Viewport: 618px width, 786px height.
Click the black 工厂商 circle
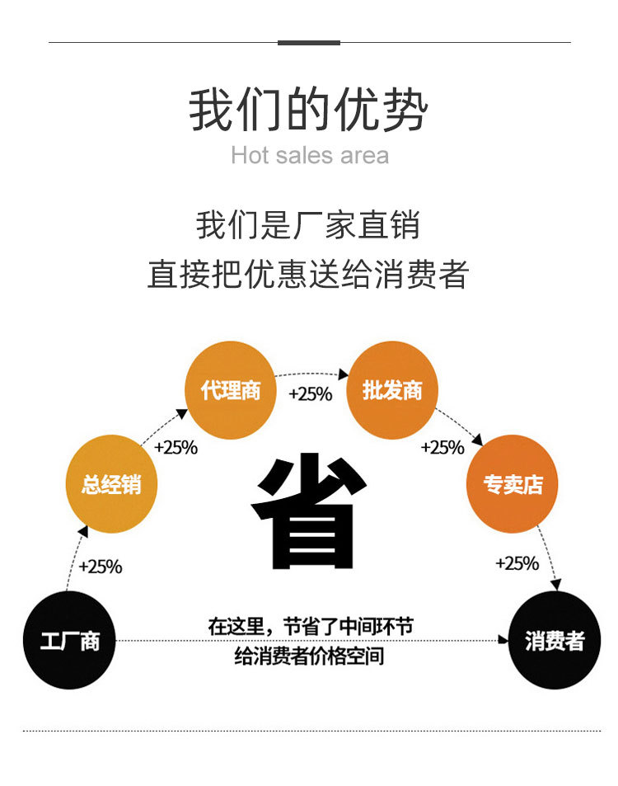coord(69,639)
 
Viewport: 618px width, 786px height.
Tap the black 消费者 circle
coord(554,639)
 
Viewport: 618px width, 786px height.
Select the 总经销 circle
coord(110,484)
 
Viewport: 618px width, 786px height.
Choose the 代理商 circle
coord(230,390)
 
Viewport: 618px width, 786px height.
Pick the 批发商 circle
coord(391,390)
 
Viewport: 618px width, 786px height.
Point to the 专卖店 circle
coord(513,484)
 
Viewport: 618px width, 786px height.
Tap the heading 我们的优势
coord(309,111)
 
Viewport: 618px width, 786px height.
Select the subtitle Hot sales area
coord(309,155)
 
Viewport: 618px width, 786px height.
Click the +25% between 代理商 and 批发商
coord(310,393)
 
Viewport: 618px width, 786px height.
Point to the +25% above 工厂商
coord(101,567)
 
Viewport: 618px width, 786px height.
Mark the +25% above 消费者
coord(517,563)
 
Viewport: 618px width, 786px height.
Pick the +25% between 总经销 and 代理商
coord(176,448)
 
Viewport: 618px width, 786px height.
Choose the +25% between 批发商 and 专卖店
coord(442,448)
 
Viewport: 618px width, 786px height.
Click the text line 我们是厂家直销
coord(308,225)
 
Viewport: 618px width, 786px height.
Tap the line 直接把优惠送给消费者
coord(308,274)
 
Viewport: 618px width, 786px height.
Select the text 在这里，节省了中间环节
coord(310,626)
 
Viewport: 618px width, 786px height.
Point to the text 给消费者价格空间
coord(310,657)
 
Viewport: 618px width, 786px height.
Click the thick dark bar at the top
coord(309,42)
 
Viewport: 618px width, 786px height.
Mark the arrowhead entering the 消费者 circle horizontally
coord(504,639)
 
